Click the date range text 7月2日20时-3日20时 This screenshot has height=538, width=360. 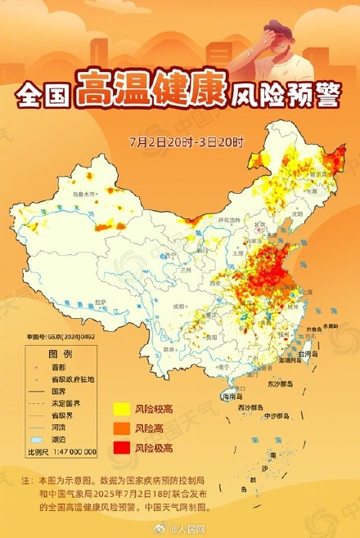(187, 141)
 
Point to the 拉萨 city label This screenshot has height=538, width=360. (100, 302)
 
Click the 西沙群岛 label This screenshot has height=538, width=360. (250, 406)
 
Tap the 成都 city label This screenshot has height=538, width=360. (179, 305)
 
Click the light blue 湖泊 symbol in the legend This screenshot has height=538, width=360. (35, 439)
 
